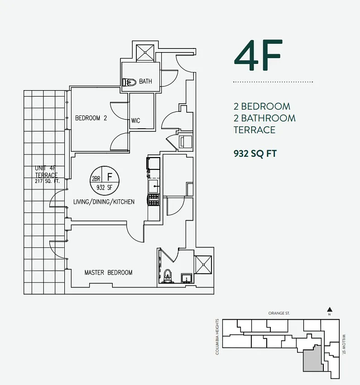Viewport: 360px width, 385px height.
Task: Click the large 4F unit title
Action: click(258, 56)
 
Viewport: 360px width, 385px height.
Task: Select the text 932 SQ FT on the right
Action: click(254, 153)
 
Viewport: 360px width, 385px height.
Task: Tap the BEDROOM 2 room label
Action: click(91, 118)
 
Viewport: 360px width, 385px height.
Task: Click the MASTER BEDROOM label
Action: click(108, 273)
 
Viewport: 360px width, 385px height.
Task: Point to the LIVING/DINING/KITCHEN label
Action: click(104, 202)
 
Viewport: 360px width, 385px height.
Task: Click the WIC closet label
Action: click(135, 121)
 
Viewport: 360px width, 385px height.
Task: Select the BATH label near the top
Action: click(145, 82)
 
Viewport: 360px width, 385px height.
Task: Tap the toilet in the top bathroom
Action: click(130, 82)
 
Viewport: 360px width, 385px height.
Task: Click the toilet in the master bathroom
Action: click(168, 276)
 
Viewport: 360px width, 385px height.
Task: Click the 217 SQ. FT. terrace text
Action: click(48, 181)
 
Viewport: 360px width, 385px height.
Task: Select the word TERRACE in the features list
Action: click(254, 130)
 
